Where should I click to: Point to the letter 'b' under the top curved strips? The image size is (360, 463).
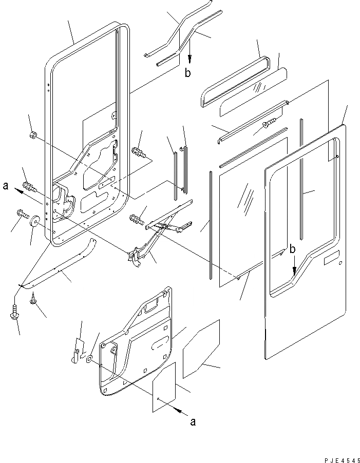(188, 73)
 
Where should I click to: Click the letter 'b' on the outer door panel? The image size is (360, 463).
(292, 250)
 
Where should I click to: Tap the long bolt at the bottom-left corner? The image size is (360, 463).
(14, 314)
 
